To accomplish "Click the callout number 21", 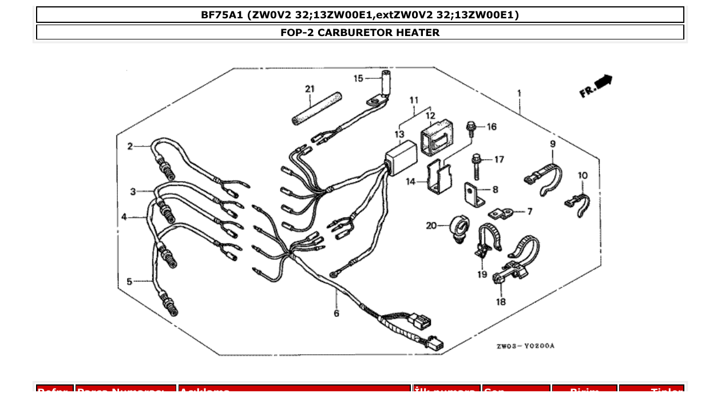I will tap(310, 89).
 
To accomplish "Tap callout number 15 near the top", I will tap(358, 78).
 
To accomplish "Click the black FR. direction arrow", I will tap(603, 83).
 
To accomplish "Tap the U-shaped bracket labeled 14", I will tap(438, 178).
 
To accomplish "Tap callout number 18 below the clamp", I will tap(501, 302).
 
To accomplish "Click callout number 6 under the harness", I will tap(336, 313).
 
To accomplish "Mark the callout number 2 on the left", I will tap(130, 146).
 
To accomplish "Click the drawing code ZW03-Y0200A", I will tap(525, 346).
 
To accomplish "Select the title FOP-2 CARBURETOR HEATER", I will tap(360, 33).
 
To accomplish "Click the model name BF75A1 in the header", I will tap(222, 15).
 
